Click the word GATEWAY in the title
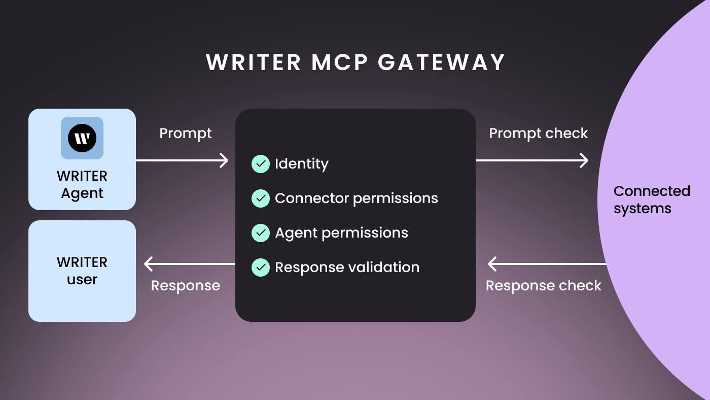click(x=441, y=62)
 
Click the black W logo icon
click(x=82, y=138)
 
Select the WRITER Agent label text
click(x=82, y=185)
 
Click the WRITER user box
click(x=82, y=271)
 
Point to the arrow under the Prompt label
click(x=182, y=160)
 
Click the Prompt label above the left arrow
click(x=186, y=134)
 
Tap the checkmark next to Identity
click(x=261, y=164)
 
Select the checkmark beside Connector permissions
click(x=261, y=198)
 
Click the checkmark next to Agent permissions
click(x=261, y=233)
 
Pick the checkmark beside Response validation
click(x=261, y=268)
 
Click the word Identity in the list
click(x=302, y=164)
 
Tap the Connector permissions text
click(x=357, y=198)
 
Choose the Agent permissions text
click(x=341, y=233)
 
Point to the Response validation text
click(x=347, y=268)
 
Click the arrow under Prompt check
click(x=532, y=160)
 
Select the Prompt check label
click(x=538, y=134)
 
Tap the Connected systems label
click(x=652, y=200)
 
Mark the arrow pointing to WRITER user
click(x=190, y=264)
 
